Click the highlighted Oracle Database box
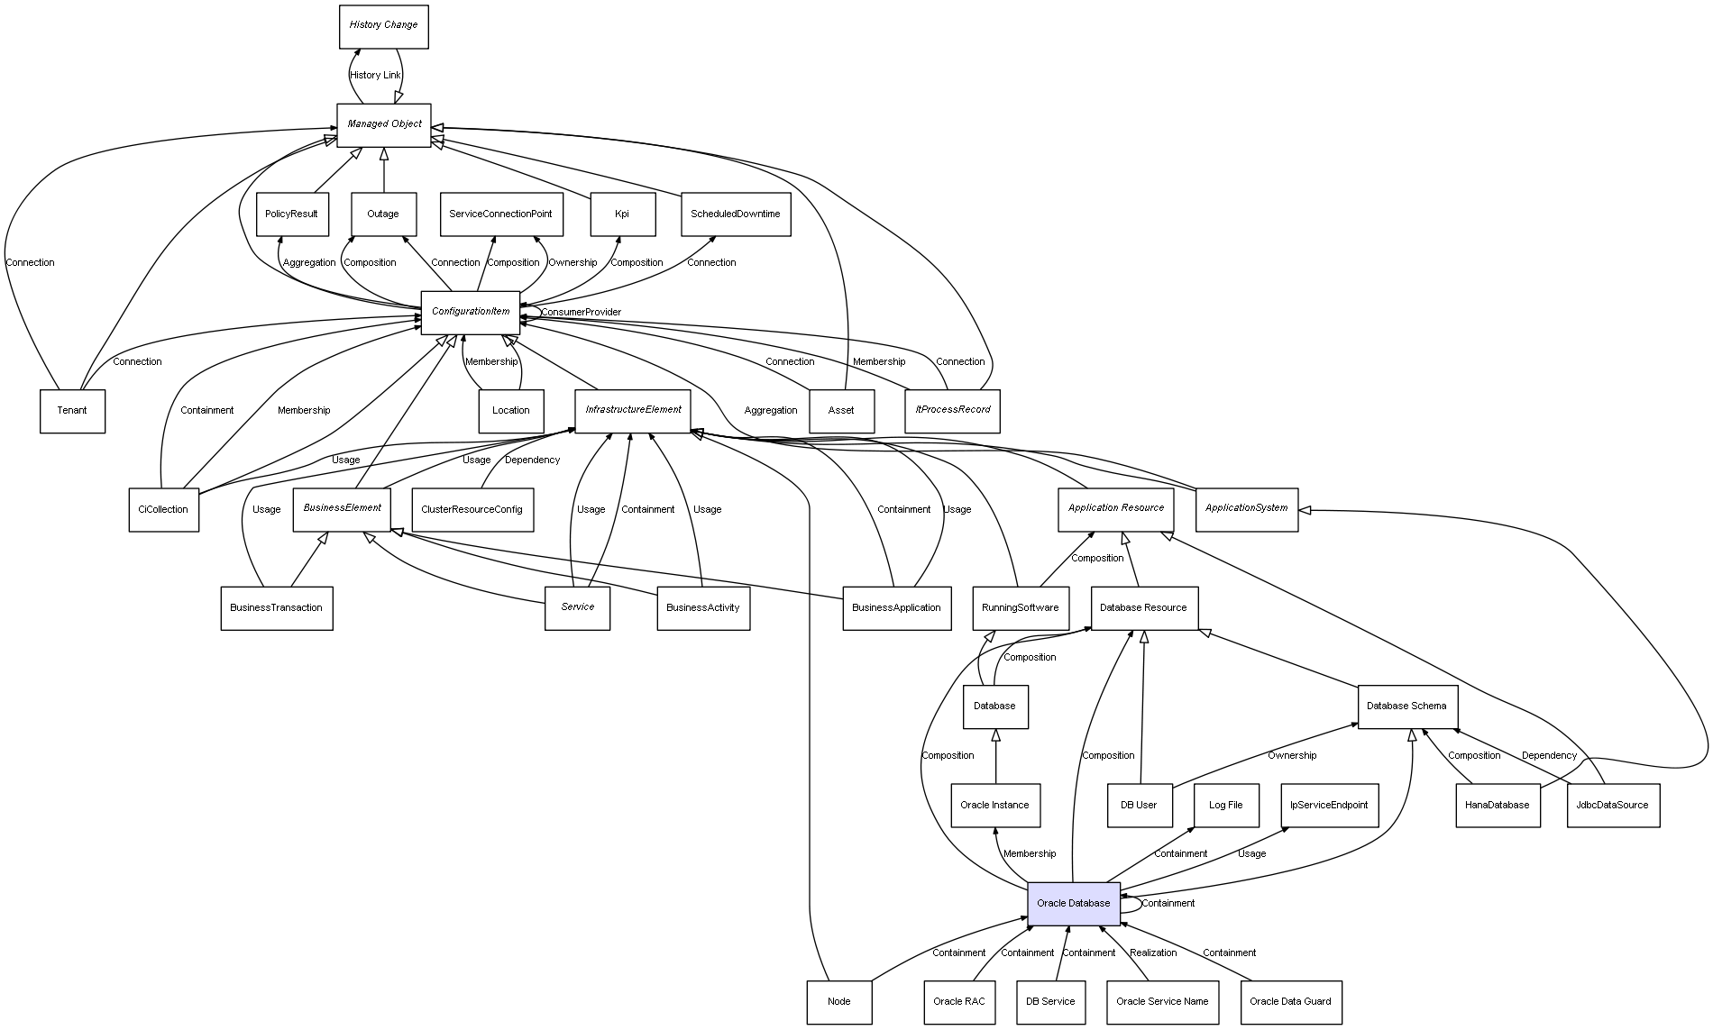pyautogui.click(x=1073, y=903)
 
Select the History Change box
pyautogui.click(x=383, y=26)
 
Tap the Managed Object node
pyautogui.click(x=383, y=124)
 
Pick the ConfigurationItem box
pyautogui.click(x=470, y=312)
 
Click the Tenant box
pyautogui.click(x=72, y=411)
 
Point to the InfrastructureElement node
pyautogui.click(x=633, y=410)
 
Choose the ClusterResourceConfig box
pyautogui.click(x=472, y=509)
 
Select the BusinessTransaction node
pyautogui.click(x=276, y=607)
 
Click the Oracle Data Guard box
pyautogui.click(x=1290, y=1001)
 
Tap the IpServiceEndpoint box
pyautogui.click(x=1329, y=805)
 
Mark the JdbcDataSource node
pyautogui.click(x=1612, y=805)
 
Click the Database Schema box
pyautogui.click(x=1406, y=706)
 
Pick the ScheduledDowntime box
pyautogui.click(x=735, y=214)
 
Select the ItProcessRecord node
pyautogui.click(x=952, y=410)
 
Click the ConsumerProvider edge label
pyautogui.click(x=581, y=313)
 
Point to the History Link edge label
pyautogui.click(x=375, y=76)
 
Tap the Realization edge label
pyautogui.click(x=1153, y=953)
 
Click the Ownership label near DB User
pyautogui.click(x=1291, y=755)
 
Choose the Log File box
pyautogui.click(x=1225, y=805)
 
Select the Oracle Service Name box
pyautogui.click(x=1161, y=1001)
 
